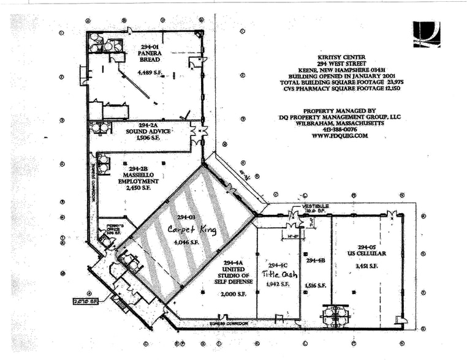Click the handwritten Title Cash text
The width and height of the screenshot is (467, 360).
(279, 274)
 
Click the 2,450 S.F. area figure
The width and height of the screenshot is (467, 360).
(137, 188)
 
